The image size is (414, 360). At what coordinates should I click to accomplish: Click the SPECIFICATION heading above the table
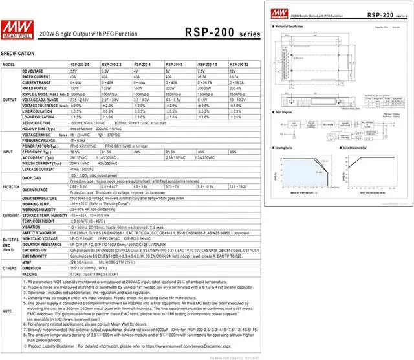17,52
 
